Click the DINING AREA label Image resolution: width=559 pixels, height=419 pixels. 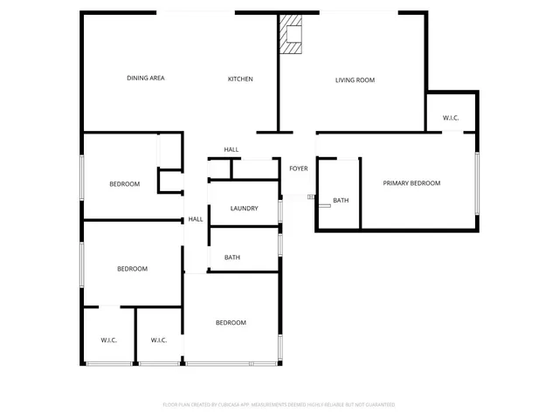pyautogui.click(x=146, y=79)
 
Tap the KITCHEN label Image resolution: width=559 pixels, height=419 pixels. pyautogui.click(x=240, y=79)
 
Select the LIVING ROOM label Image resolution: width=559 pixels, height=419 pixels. pyautogui.click(x=355, y=80)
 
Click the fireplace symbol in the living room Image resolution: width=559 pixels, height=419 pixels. pyautogui.click(x=291, y=37)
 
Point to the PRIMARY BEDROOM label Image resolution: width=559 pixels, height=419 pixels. pyautogui.click(x=411, y=183)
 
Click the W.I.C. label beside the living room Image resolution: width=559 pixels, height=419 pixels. pyautogui.click(x=451, y=118)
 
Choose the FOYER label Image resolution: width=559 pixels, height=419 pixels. pyautogui.click(x=298, y=168)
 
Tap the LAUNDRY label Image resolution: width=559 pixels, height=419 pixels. pyautogui.click(x=244, y=209)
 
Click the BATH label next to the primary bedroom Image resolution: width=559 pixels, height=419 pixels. pyautogui.click(x=341, y=201)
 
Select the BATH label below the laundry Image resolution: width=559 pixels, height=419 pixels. pyautogui.click(x=232, y=258)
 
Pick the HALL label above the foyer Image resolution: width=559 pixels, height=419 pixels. pyautogui.click(x=231, y=150)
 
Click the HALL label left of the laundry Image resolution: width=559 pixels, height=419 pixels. pyautogui.click(x=196, y=219)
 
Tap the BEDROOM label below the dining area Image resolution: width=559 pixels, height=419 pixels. pyautogui.click(x=124, y=184)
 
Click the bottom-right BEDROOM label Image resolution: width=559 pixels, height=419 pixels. pyautogui.click(x=231, y=323)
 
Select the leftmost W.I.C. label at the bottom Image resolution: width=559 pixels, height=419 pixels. pyautogui.click(x=109, y=340)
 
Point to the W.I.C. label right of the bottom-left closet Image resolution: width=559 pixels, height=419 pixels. pyautogui.click(x=158, y=340)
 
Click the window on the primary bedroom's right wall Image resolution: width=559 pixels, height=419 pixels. pyautogui.click(x=477, y=183)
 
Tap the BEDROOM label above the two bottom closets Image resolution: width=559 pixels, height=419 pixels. pyautogui.click(x=132, y=269)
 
